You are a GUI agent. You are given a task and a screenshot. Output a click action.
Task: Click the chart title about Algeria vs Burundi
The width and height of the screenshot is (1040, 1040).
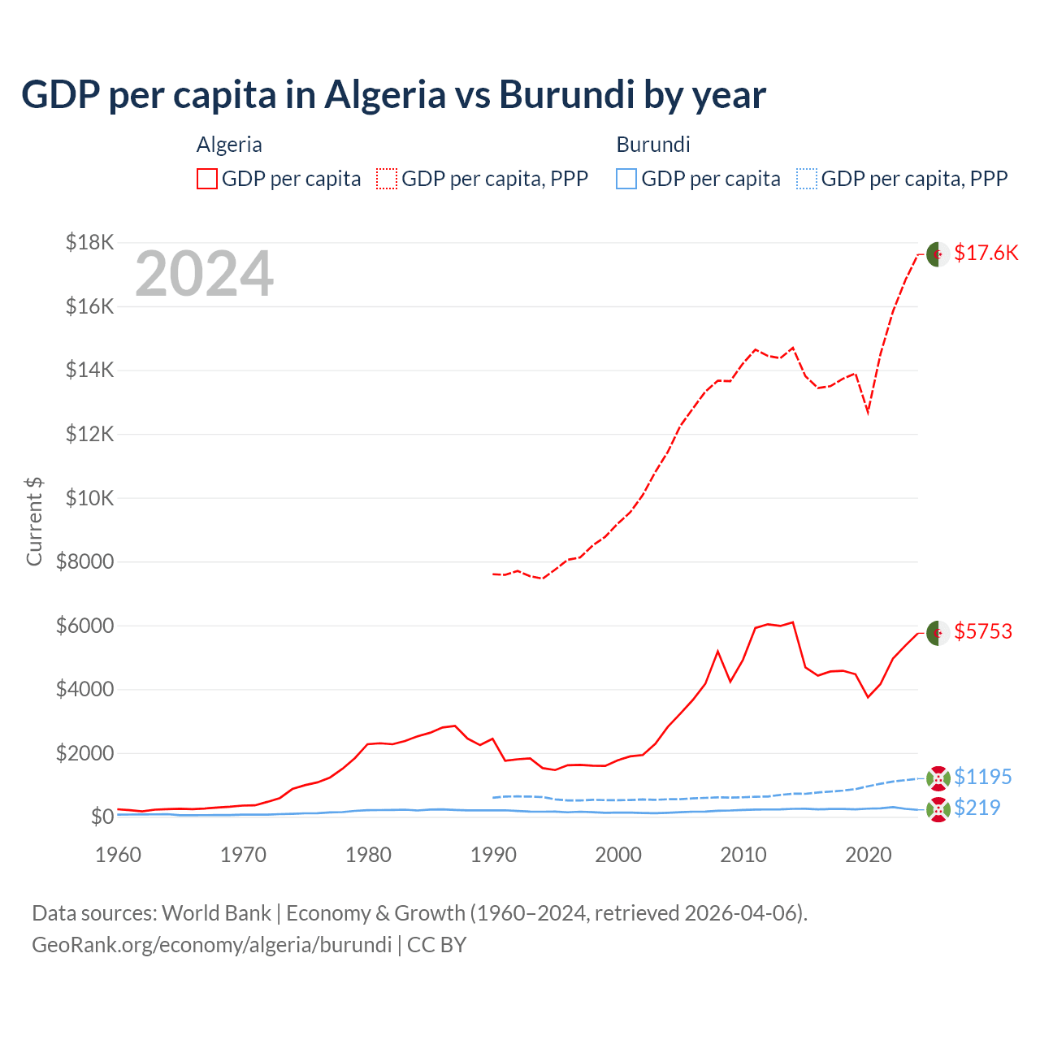393,94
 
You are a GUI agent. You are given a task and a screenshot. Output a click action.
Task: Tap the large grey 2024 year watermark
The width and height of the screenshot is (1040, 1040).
204,275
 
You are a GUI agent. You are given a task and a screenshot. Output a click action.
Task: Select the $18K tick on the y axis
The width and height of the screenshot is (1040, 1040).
90,242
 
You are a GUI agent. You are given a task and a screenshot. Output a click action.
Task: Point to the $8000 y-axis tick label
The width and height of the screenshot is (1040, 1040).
84,561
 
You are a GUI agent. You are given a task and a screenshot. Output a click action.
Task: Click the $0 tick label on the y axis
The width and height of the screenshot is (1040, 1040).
102,817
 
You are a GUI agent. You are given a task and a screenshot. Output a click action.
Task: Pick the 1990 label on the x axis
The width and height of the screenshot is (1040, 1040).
493,855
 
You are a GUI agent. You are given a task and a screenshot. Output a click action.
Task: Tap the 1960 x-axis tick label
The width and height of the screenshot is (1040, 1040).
119,855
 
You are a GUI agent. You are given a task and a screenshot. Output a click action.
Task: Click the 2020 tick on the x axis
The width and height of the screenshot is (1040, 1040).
869,855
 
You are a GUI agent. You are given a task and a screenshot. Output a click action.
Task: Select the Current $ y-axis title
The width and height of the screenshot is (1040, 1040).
34,521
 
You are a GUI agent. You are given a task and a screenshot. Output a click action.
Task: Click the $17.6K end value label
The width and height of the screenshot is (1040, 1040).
986,253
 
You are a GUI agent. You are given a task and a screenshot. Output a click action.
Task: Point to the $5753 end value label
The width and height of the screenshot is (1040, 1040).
983,631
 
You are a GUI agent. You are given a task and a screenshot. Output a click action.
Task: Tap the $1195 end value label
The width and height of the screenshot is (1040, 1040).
983,777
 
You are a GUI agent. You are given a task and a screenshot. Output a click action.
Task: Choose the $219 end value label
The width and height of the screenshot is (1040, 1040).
977,808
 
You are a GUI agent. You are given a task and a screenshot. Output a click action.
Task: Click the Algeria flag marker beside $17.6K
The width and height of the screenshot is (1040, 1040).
938,253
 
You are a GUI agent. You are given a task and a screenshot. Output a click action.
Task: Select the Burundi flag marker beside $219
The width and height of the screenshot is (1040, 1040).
938,808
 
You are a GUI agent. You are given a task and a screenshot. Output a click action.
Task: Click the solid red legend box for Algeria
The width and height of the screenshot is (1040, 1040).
207,179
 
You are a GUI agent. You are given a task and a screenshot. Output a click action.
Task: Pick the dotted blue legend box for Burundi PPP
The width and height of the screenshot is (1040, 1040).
807,179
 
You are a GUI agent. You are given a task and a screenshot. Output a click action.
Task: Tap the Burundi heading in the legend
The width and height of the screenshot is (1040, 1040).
653,145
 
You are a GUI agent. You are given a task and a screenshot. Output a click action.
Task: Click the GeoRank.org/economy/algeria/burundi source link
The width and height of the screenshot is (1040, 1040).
212,945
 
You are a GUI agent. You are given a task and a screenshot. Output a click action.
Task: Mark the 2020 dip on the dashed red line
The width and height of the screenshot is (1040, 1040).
869,413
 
